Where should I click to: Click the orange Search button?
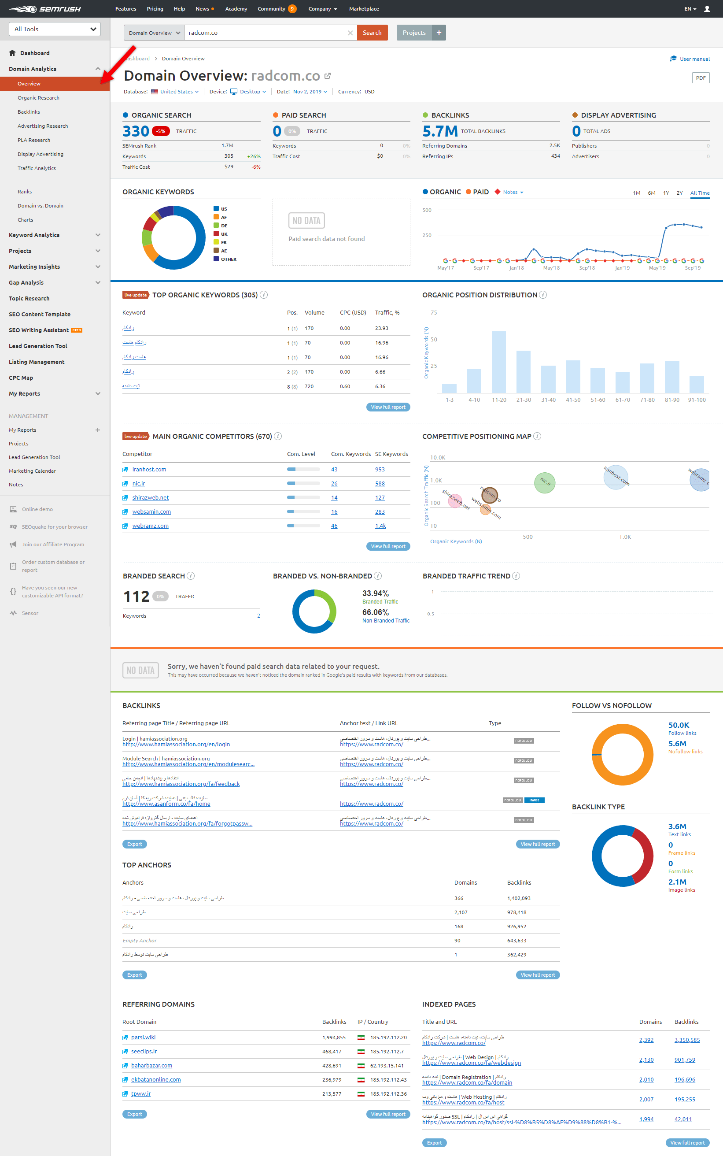point(372,33)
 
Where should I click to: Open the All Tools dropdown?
point(55,29)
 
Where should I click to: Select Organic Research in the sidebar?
point(38,97)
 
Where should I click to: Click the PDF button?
point(700,78)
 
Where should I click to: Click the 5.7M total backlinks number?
point(439,130)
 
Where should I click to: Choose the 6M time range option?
point(651,193)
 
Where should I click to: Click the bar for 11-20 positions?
point(498,362)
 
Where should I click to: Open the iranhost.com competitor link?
point(149,469)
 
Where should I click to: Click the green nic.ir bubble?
point(544,482)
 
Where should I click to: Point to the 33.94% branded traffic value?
point(375,593)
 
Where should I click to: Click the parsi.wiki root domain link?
point(143,1037)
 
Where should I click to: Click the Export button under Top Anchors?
point(134,975)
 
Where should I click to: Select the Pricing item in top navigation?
point(155,9)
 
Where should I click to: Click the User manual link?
point(694,59)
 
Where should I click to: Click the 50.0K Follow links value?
point(678,725)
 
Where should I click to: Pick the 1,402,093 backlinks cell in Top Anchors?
point(518,898)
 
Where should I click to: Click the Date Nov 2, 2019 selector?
point(310,92)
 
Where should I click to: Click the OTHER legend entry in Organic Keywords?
point(228,259)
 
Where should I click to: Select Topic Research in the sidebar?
point(29,298)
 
